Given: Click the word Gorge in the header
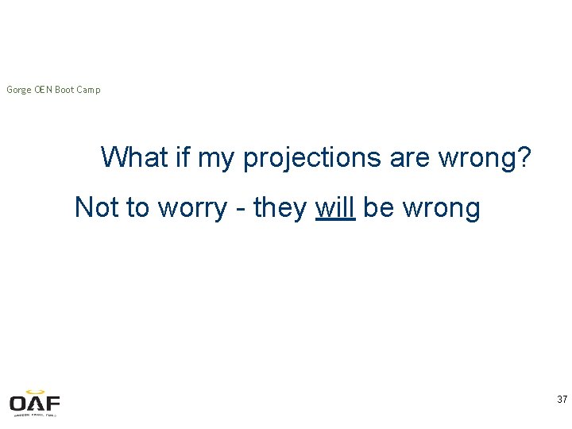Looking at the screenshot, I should coord(19,90).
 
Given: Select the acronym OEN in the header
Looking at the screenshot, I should coord(43,90).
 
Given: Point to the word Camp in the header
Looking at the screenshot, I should coord(89,90).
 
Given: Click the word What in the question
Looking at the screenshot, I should coord(134,157).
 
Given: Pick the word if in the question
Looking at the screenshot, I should coord(182,157).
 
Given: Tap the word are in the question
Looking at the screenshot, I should coord(409,159).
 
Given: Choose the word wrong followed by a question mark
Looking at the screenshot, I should coord(483,159).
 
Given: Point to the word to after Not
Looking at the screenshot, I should coord(137,207).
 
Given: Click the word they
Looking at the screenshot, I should coord(280,208).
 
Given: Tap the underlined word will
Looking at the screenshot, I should coord(334,207).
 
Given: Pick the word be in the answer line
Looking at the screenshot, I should coord(379,207).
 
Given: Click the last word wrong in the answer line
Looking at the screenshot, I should coord(441,209).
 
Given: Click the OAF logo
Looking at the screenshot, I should coord(35,403).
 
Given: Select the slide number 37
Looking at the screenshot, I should coord(562,400).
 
